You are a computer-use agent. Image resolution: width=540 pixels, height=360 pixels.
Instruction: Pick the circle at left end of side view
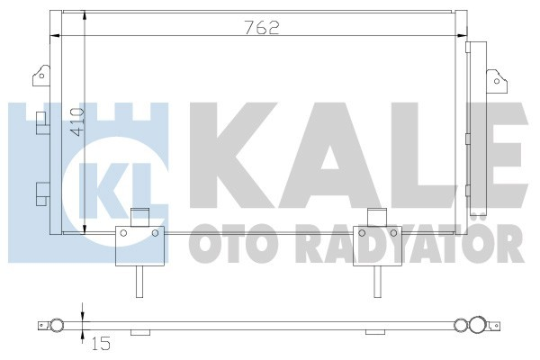coord(56,325)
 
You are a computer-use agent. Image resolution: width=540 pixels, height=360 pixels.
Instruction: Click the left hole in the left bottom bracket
coord(121,232)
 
